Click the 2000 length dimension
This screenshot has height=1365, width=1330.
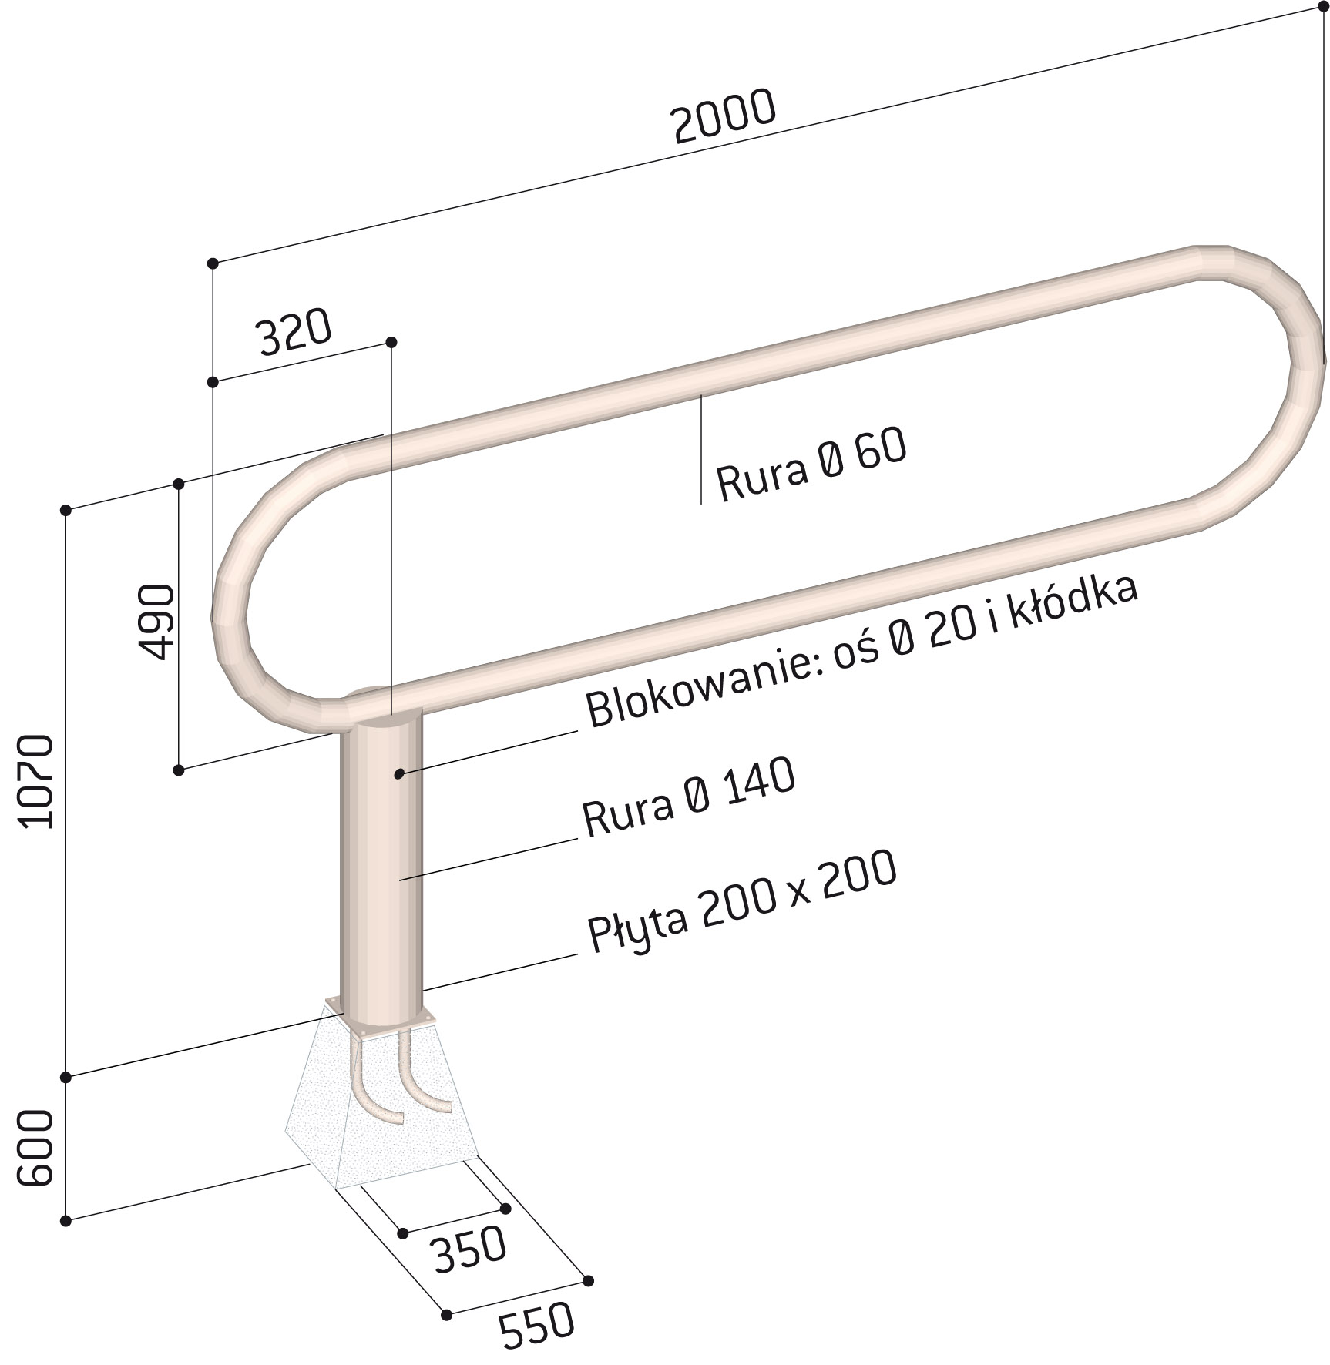pyautogui.click(x=724, y=117)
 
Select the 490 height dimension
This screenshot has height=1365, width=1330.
pyautogui.click(x=158, y=621)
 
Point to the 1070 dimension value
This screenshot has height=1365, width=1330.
pyautogui.click(x=37, y=781)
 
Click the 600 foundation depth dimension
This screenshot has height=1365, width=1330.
pyautogui.click(x=35, y=1148)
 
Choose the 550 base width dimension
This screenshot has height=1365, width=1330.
pyautogui.click(x=537, y=1324)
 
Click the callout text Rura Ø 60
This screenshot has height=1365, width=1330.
pyautogui.click(x=811, y=465)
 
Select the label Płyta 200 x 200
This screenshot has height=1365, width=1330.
pyautogui.click(x=742, y=901)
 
